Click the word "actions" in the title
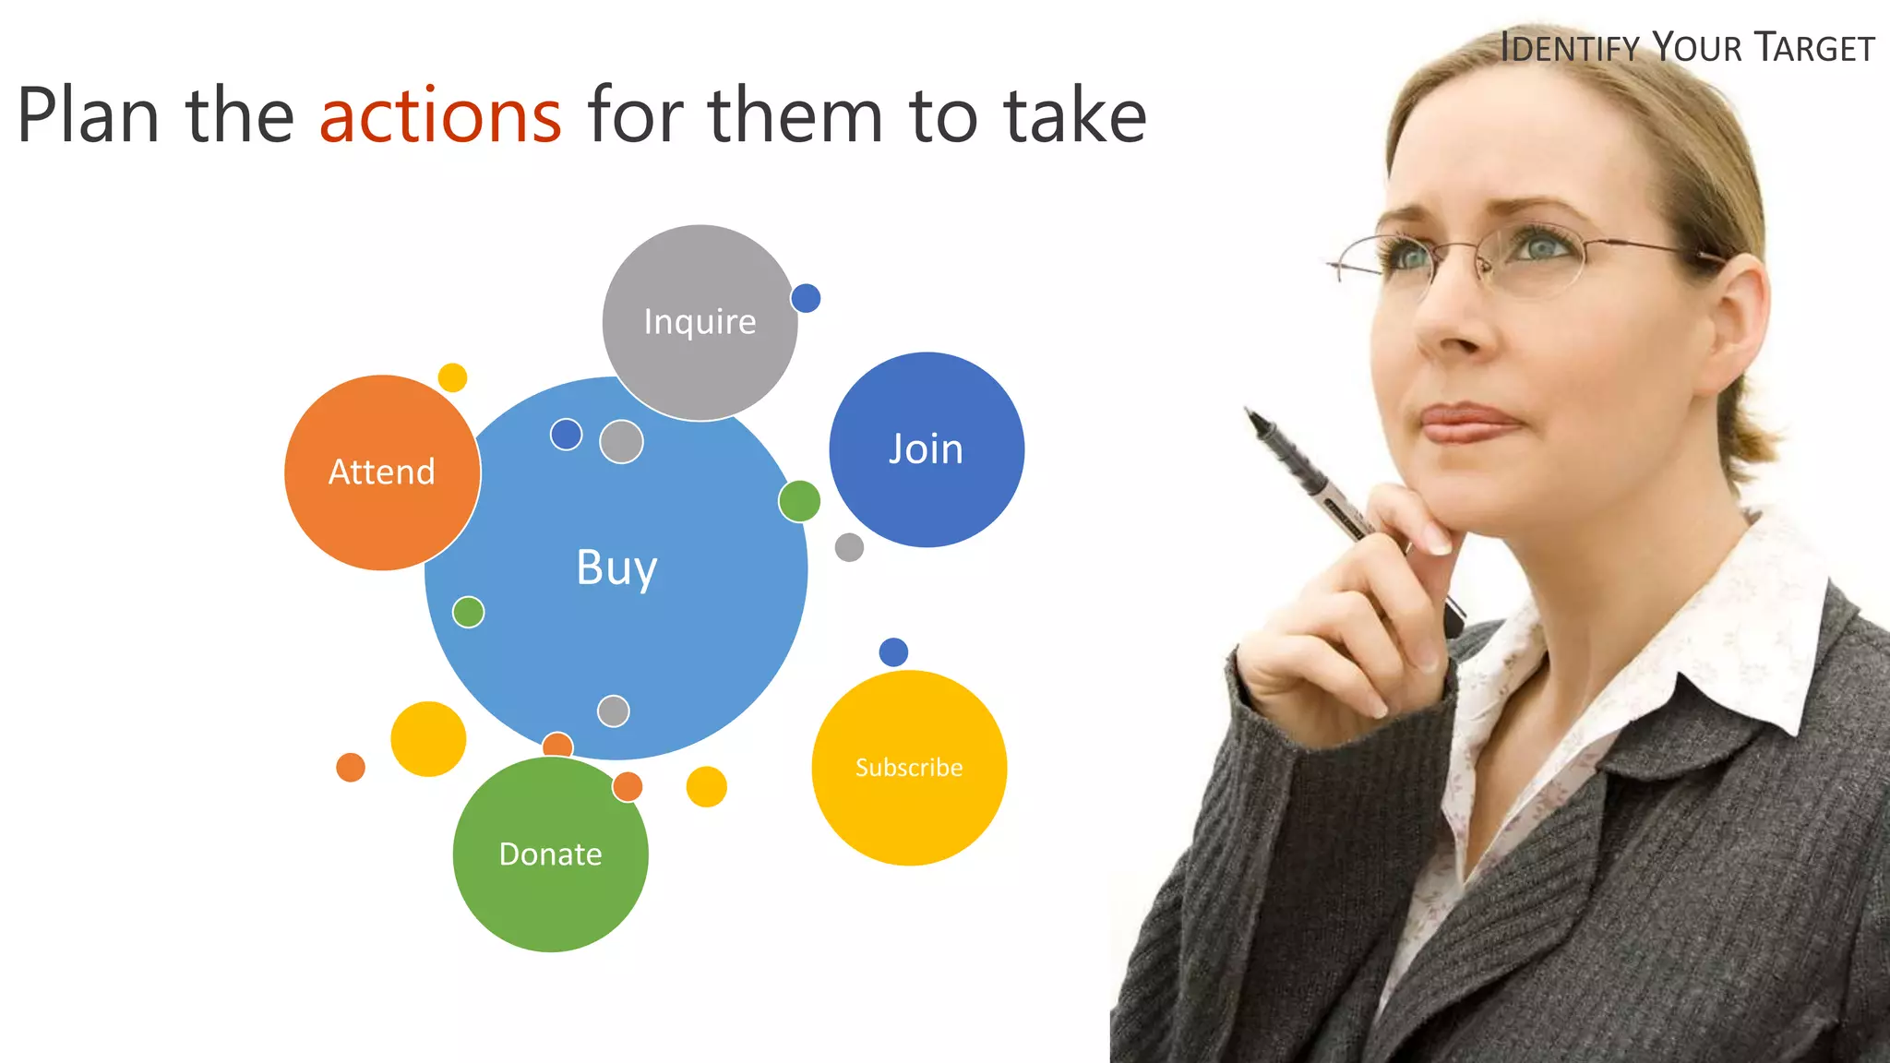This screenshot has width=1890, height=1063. pyautogui.click(x=440, y=116)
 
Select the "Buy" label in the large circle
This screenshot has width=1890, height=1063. pyautogui.click(x=616, y=567)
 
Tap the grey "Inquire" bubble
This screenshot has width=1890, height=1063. pyautogui.click(x=700, y=322)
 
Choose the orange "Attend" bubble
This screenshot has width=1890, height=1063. pyautogui.click(x=381, y=472)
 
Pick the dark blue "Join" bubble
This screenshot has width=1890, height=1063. pyautogui.click(x=926, y=449)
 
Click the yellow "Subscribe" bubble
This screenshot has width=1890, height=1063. pyautogui.click(x=908, y=768)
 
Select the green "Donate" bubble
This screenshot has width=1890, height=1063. pyautogui.click(x=550, y=854)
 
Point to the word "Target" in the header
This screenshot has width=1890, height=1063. pyautogui.click(x=1814, y=48)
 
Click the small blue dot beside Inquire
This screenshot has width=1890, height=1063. pyautogui.click(x=806, y=298)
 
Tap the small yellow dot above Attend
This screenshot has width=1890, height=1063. pyautogui.click(x=452, y=377)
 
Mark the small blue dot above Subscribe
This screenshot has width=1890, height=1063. pyautogui.click(x=893, y=652)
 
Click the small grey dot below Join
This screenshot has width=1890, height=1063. pyautogui.click(x=849, y=547)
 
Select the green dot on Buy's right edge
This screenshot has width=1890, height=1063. pyautogui.click(x=799, y=501)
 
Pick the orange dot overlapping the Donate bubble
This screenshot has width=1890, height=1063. pyautogui.click(x=628, y=787)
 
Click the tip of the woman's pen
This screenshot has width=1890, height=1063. pyautogui.click(x=1250, y=412)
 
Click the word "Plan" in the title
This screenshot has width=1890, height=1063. pyautogui.click(x=89, y=116)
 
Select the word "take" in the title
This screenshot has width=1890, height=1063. pyautogui.click(x=1075, y=116)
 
